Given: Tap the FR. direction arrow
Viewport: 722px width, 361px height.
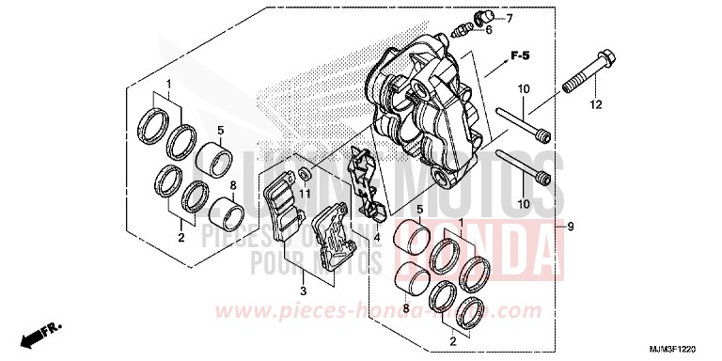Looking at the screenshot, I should pyautogui.click(x=40, y=333).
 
